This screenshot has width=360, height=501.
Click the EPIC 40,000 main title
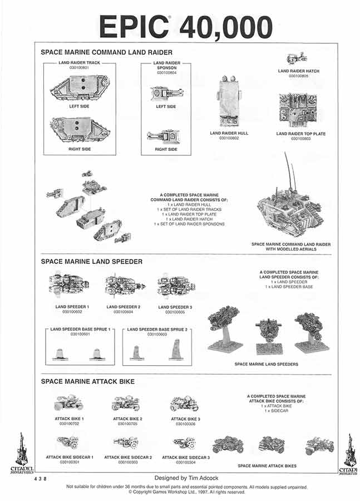185,27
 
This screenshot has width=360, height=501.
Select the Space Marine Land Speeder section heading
92,261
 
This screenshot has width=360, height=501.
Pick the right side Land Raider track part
80,129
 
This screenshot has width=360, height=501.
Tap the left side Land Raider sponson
166,92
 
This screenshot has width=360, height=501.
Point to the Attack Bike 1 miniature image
69,403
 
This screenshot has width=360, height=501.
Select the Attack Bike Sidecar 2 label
129,457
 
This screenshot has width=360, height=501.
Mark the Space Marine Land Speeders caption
266,364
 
